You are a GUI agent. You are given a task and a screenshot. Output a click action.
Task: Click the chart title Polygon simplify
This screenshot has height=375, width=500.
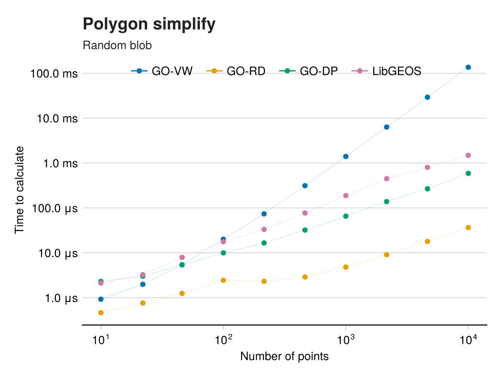[x=149, y=25]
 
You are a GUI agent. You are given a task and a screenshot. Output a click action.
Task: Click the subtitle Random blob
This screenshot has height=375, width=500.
[x=117, y=45]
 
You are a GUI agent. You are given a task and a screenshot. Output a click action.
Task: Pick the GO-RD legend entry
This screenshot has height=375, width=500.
[x=236, y=71]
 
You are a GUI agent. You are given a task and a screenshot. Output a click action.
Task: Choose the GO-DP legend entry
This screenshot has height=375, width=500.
[x=308, y=71]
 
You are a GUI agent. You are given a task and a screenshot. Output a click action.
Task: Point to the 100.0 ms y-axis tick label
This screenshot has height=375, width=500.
[x=54, y=74]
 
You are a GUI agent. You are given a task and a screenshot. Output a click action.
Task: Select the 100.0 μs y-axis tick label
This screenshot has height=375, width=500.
[x=55, y=208]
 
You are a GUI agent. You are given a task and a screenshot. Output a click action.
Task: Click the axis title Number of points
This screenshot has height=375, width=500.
[x=285, y=357]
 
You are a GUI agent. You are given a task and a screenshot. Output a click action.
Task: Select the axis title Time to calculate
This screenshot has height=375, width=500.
[x=20, y=190]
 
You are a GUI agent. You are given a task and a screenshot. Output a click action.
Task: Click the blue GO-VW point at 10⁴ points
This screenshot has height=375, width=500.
[x=468, y=67]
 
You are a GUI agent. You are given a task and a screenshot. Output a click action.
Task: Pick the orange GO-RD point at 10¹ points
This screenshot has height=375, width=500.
[x=101, y=312]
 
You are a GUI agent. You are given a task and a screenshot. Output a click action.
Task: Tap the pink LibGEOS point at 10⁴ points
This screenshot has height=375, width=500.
[x=468, y=155]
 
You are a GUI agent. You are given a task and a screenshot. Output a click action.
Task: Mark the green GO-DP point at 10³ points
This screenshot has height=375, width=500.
[x=346, y=216]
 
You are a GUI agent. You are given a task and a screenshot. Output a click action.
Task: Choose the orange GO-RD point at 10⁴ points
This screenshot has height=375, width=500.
[x=468, y=227]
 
